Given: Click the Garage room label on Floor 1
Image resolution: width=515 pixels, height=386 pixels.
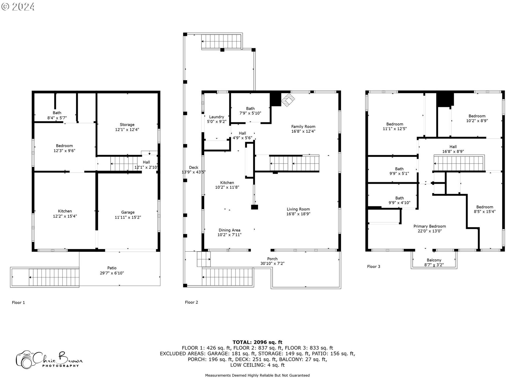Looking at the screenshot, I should pyautogui.click(x=128, y=212).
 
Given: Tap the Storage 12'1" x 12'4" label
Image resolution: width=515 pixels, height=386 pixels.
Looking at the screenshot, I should pyautogui.click(x=127, y=127).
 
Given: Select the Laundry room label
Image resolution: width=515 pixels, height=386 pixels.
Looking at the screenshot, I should pyautogui.click(x=216, y=117).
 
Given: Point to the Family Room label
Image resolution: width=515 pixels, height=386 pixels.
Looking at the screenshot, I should pyautogui.click(x=303, y=127).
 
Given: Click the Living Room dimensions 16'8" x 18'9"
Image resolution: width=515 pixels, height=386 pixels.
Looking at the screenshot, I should pyautogui.click(x=298, y=214).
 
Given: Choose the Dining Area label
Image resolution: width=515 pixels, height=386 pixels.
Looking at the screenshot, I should pyautogui.click(x=229, y=230).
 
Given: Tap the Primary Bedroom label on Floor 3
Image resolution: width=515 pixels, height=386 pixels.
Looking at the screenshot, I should pyautogui.click(x=429, y=227).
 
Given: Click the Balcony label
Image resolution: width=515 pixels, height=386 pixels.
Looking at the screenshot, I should pyautogui.click(x=434, y=260).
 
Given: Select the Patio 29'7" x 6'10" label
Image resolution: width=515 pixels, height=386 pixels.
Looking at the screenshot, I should pyautogui.click(x=112, y=270).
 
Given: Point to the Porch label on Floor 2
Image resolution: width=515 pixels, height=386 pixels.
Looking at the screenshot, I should pyautogui.click(x=272, y=259).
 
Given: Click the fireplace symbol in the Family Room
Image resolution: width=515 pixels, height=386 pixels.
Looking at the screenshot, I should pyautogui.click(x=288, y=100).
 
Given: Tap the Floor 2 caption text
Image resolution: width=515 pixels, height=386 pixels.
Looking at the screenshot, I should pyautogui.click(x=191, y=302).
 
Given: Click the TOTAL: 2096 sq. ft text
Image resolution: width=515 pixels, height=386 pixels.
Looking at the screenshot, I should pyautogui.click(x=257, y=342).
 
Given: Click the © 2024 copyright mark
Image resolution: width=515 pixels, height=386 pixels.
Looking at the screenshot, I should pyautogui.click(x=18, y=6).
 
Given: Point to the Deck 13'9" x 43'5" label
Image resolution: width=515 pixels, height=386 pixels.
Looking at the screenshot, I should pyautogui.click(x=194, y=170).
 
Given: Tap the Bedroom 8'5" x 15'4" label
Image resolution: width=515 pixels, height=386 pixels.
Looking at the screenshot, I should pyautogui.click(x=484, y=209).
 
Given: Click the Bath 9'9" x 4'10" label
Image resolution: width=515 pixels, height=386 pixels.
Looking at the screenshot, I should pyautogui.click(x=399, y=200).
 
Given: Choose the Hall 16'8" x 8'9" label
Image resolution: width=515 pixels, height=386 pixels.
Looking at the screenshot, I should pyautogui.click(x=453, y=149).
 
